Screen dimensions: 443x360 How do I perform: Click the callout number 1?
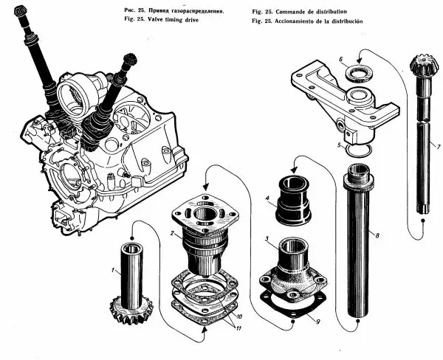pos(113,270)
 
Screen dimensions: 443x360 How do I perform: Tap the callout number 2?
pos(172,233)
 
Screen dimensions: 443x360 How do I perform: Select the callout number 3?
pos(267,239)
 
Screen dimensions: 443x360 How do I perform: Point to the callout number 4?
pos(267,198)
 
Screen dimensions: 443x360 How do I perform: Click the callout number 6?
pos(340,59)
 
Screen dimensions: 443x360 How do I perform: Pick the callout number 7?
pos(438,147)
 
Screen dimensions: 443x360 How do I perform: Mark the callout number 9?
pos(317,322)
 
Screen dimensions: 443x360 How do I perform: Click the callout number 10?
pos(239,316)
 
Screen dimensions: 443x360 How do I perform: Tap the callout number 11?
pos(238,328)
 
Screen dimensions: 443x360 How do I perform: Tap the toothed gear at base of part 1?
pos(131,311)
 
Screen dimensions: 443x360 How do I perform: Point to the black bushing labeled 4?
pos(293,201)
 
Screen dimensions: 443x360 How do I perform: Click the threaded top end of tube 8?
pos(359,173)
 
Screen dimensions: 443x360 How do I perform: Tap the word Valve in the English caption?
pos(155,19)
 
